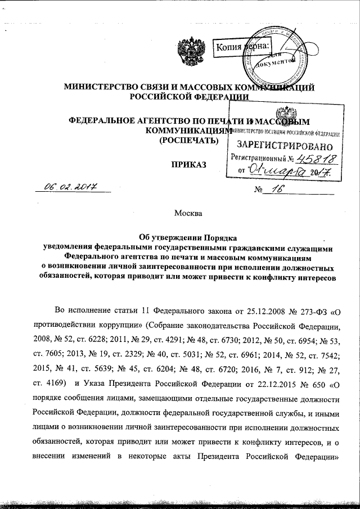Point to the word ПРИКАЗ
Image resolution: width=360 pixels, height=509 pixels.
188,164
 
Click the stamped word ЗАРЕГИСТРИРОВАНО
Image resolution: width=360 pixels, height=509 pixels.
281,146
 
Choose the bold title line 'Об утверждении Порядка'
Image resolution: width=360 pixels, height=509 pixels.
187,237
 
